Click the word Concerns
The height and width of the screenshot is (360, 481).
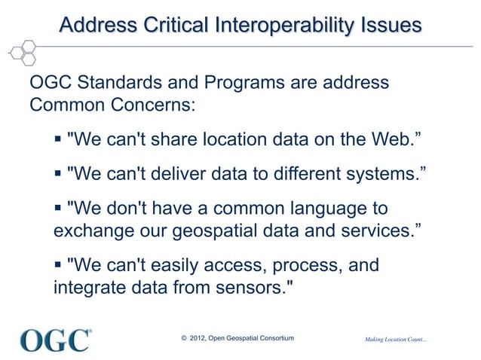154,104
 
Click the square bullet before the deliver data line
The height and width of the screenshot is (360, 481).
59,175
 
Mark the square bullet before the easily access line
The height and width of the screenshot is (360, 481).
59,266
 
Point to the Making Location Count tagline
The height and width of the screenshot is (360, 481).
395,341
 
